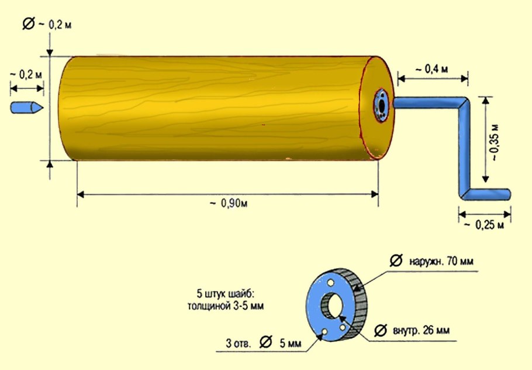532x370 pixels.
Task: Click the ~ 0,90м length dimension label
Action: tap(229, 203)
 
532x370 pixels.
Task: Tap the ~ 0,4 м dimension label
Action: tap(431, 69)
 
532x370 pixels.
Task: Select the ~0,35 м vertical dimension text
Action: tap(495, 142)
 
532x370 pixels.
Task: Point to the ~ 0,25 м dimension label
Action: tap(484, 225)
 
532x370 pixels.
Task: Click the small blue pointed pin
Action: tap(27, 107)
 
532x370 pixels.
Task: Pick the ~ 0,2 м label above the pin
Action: tap(26, 74)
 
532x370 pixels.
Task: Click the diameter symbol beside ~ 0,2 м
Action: tap(29, 23)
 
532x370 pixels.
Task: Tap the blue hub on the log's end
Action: tap(381, 105)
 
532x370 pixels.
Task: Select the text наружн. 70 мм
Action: tap(441, 261)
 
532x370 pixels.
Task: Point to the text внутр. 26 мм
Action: tap(421, 330)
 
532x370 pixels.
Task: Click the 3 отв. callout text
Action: tap(239, 343)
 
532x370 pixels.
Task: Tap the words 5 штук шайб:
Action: tap(225, 293)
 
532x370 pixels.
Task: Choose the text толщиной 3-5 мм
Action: tap(226, 306)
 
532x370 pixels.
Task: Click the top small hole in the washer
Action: tap(331, 283)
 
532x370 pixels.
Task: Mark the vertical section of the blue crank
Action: tap(464, 149)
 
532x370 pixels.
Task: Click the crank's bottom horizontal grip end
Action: tap(507, 194)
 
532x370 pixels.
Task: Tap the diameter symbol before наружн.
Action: tap(396, 261)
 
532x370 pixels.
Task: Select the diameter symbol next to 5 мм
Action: tap(265, 342)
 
